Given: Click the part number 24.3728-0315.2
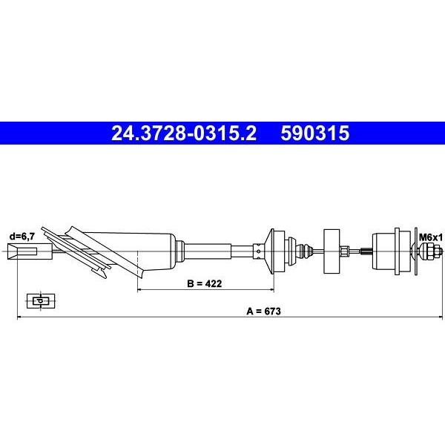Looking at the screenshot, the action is click(x=184, y=133).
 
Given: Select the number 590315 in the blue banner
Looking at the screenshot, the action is click(x=315, y=133).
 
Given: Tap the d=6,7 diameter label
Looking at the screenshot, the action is click(x=22, y=237).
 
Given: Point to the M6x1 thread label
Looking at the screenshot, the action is click(x=430, y=237).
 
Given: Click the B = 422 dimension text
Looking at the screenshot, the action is click(x=205, y=283).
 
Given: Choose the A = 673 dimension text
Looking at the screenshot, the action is click(x=263, y=311).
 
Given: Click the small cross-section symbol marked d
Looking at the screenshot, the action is click(x=41, y=301).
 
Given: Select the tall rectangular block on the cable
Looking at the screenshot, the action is click(x=332, y=251).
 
